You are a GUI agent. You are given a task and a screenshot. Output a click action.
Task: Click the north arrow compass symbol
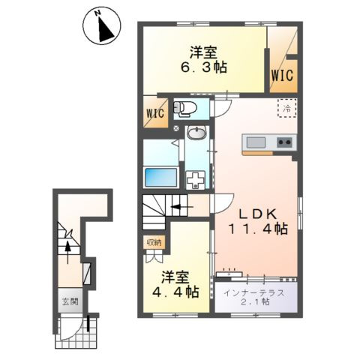click(x=102, y=27)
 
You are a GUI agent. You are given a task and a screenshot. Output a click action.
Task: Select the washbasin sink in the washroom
click(x=197, y=133)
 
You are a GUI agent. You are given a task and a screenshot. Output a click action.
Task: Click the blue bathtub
click(x=161, y=177)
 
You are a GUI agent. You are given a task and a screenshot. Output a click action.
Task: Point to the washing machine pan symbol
click(x=195, y=180)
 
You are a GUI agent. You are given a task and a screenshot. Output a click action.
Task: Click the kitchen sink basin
click(x=256, y=142)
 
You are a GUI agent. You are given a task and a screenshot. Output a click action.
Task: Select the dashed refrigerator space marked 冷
click(x=287, y=108)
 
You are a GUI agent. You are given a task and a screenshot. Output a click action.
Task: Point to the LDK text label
click(x=258, y=214)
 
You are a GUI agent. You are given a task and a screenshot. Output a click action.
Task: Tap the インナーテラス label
click(x=254, y=292)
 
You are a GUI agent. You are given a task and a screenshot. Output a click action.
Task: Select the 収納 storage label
click(x=154, y=242)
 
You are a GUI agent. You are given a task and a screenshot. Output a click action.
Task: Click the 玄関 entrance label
click(x=70, y=301)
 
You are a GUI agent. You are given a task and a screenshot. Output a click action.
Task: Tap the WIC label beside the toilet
click(x=155, y=113)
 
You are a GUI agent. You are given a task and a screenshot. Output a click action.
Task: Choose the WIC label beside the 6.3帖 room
click(x=282, y=75)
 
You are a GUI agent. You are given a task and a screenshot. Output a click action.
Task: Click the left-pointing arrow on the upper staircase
click(x=181, y=207)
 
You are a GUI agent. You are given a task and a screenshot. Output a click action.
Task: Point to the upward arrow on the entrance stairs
click(x=67, y=252)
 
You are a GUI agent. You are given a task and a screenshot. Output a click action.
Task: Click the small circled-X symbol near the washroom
click(x=176, y=128)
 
